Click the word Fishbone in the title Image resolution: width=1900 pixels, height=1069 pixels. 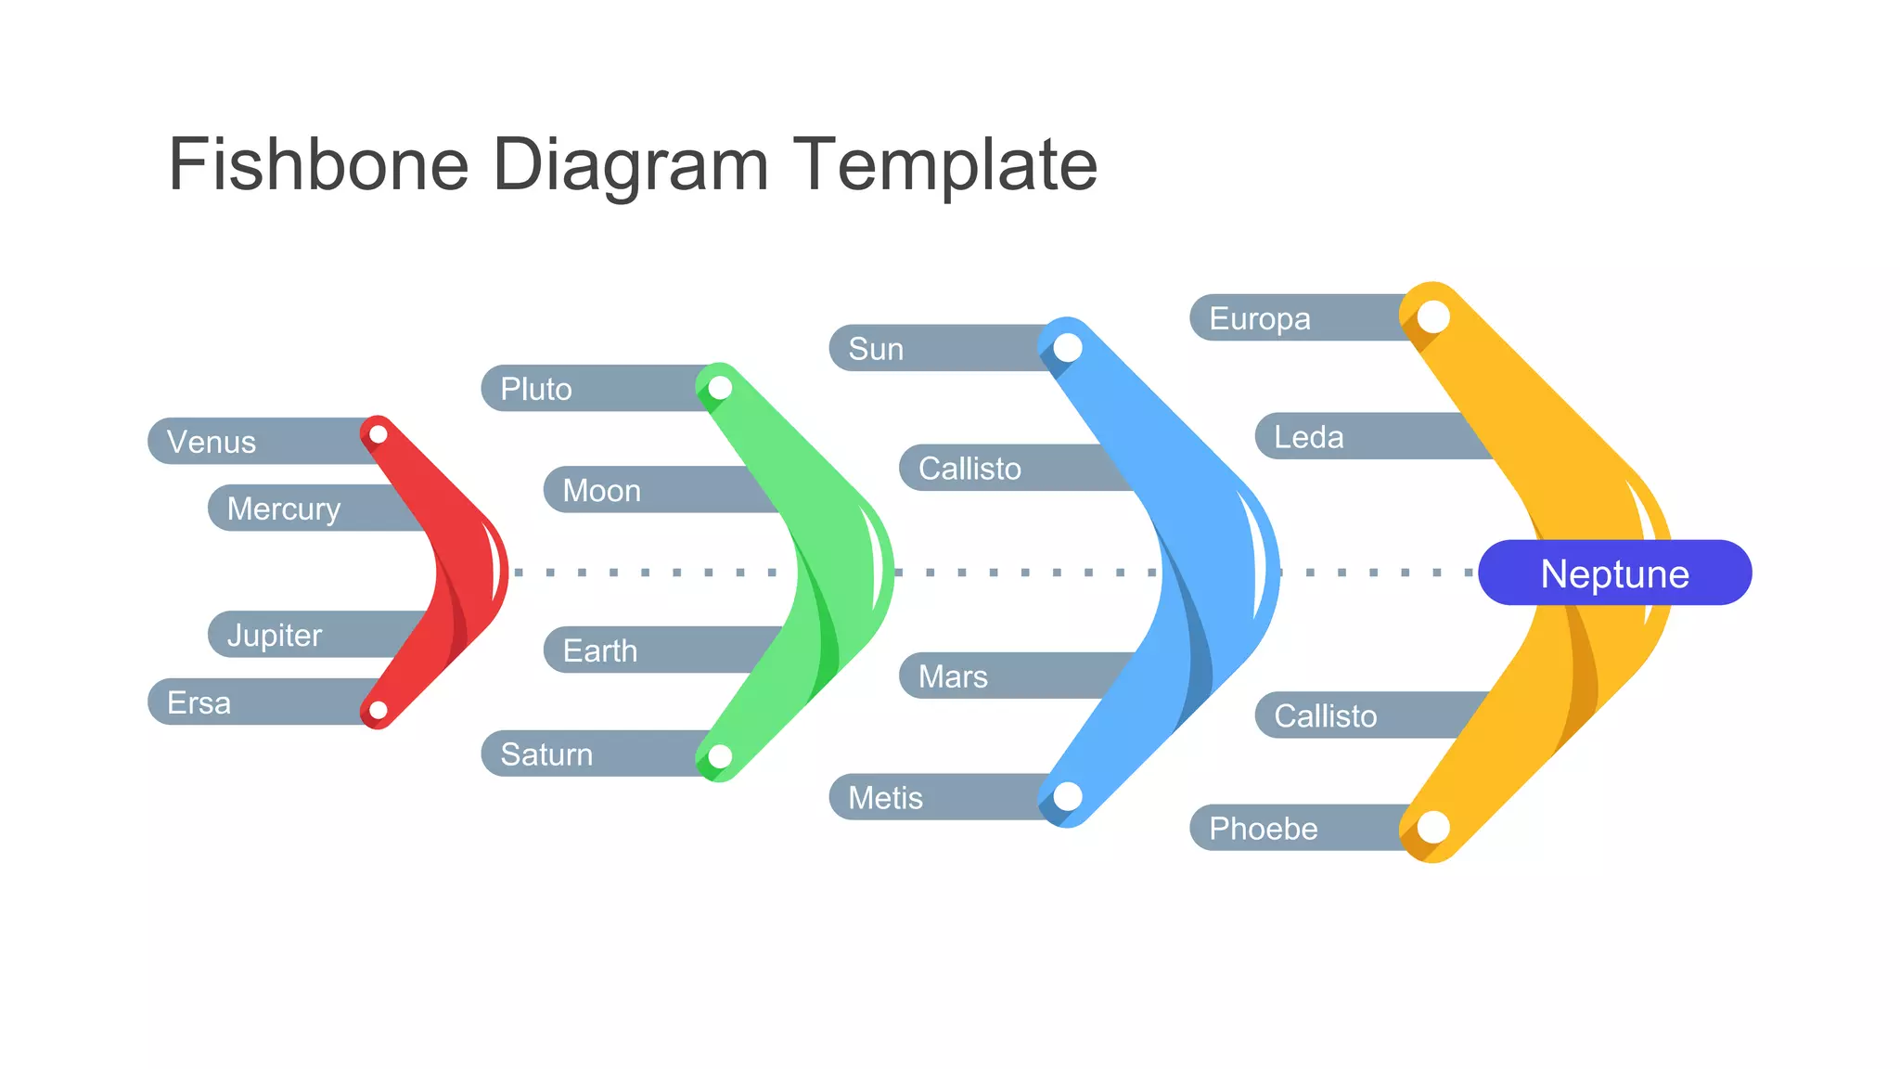point(318,165)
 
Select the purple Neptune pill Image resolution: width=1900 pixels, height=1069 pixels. point(1614,573)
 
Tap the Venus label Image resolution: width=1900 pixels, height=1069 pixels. point(212,442)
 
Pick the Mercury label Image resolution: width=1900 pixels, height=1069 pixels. point(284,509)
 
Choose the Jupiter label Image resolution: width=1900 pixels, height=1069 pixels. point(275,635)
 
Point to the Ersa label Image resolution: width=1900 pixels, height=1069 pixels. point(199,702)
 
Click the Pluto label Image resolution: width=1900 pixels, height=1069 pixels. point(536,389)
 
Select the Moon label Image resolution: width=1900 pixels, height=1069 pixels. point(602,490)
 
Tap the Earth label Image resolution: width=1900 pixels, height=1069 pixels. point(600,650)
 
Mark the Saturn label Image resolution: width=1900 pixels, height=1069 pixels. point(546,754)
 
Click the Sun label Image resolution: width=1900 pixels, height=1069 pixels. point(876,349)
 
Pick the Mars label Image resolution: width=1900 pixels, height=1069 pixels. point(953,676)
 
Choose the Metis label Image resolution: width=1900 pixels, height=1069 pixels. point(886,798)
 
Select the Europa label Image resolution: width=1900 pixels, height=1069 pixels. point(1260,318)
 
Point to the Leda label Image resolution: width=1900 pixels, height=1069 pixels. point(1309,437)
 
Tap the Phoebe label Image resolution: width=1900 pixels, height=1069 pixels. point(1264,828)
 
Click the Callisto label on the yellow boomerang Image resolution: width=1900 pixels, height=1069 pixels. point(1326,715)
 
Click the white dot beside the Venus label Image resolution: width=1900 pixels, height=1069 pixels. point(379,434)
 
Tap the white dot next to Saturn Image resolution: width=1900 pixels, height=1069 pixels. point(720,757)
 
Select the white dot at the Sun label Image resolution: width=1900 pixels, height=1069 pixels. point(1068,348)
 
